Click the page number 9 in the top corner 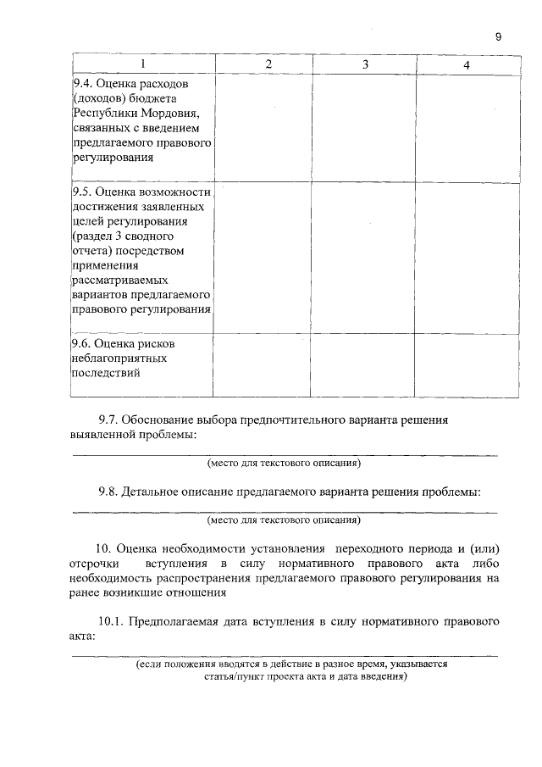click(x=499, y=36)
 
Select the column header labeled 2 click(x=268, y=65)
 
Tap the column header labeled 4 click(x=467, y=65)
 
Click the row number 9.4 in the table click(x=82, y=84)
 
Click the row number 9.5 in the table click(x=82, y=192)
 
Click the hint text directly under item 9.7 click(x=284, y=464)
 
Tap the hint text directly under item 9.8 click(x=284, y=520)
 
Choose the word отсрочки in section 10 click(x=94, y=563)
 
